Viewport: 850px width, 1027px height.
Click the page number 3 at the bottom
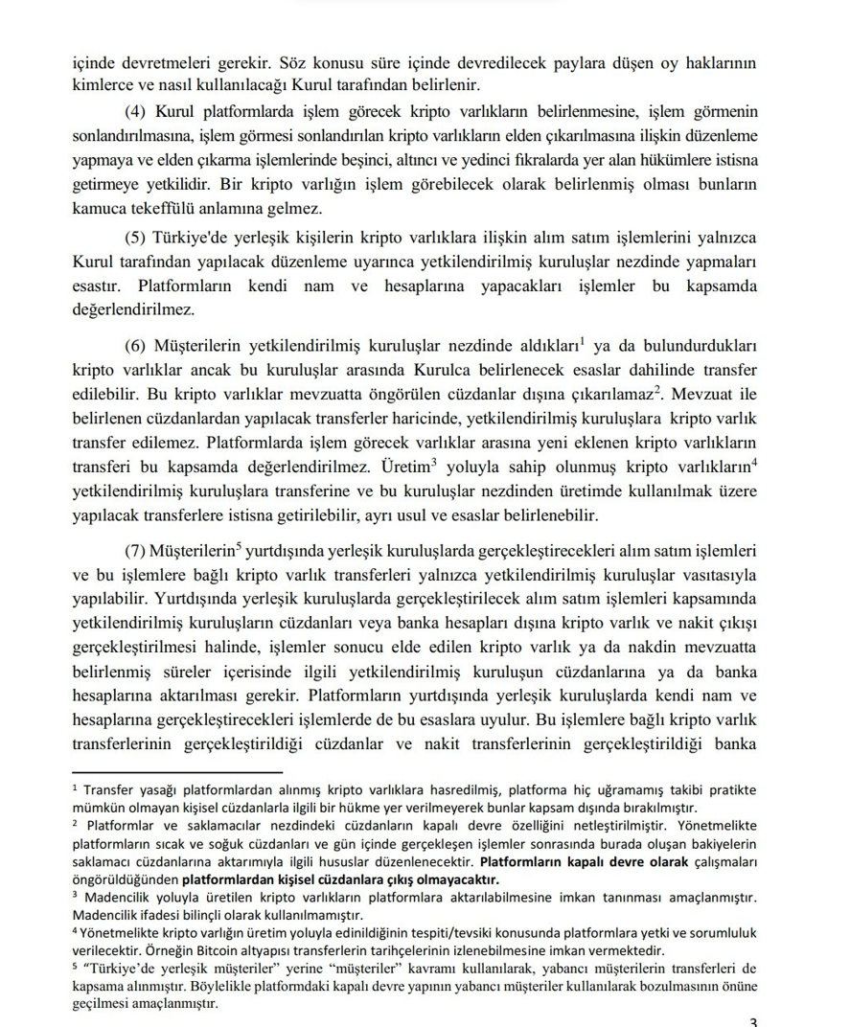[x=753, y=1021]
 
